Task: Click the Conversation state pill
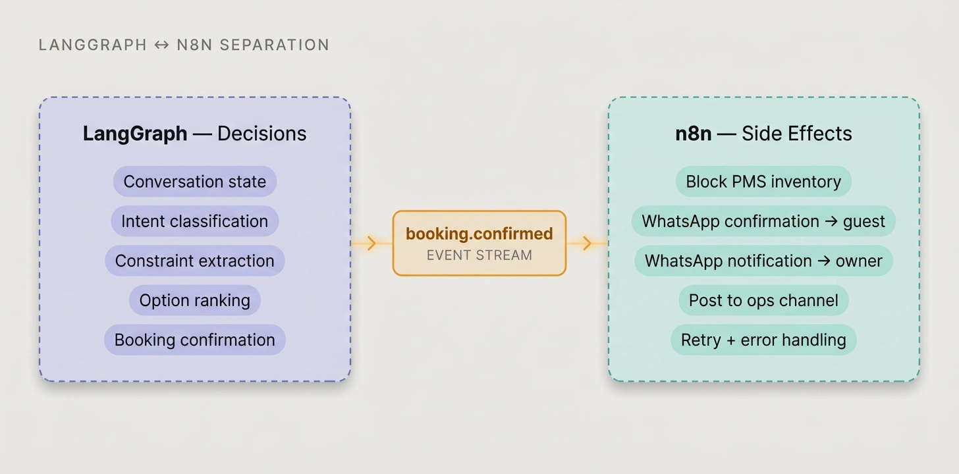pyautogui.click(x=195, y=182)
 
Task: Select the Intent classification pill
pyautogui.click(x=195, y=221)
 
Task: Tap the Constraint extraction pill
pyautogui.click(x=195, y=261)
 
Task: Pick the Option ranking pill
pyautogui.click(x=195, y=300)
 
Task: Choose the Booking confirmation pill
pyautogui.click(x=195, y=340)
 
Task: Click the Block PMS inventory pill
pyautogui.click(x=763, y=182)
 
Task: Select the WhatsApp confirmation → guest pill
pyautogui.click(x=763, y=221)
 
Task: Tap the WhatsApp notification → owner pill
pyautogui.click(x=763, y=261)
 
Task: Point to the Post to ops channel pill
pyautogui.click(x=763, y=300)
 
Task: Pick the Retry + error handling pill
pyautogui.click(x=763, y=340)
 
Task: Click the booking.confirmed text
pyautogui.click(x=479, y=234)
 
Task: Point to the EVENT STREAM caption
pyautogui.click(x=479, y=255)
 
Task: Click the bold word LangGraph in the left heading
pyautogui.click(x=135, y=134)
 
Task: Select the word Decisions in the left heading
pyautogui.click(x=262, y=134)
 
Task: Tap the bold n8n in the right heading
pyautogui.click(x=694, y=134)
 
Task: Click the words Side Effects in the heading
pyautogui.click(x=797, y=134)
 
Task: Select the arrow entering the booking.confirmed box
pyautogui.click(x=371, y=244)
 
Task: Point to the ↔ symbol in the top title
pyautogui.click(x=161, y=45)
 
